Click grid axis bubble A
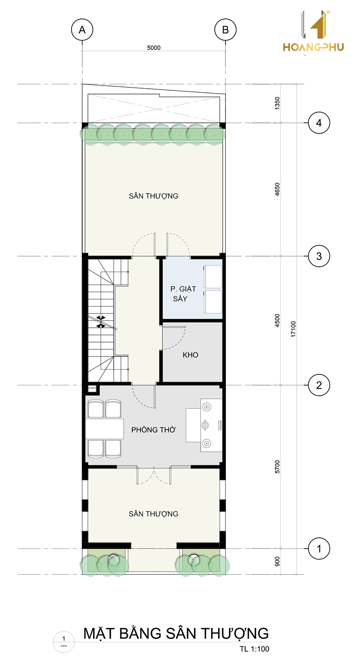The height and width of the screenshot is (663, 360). tap(82, 30)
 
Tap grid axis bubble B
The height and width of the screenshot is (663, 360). tap(225, 30)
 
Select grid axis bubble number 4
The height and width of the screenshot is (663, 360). tap(319, 123)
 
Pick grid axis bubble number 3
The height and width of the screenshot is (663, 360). tap(319, 256)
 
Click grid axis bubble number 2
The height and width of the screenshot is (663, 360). tap(319, 385)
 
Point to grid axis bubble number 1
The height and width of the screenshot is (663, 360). tap(319, 549)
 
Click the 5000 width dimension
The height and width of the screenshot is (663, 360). tap(154, 48)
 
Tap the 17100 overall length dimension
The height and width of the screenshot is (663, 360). tap(293, 329)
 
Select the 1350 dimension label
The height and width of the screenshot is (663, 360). tap(277, 103)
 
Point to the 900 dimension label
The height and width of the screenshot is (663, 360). tap(277, 561)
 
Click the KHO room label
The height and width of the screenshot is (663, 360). tap(190, 355)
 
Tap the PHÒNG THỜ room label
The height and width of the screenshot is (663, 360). tap(153, 429)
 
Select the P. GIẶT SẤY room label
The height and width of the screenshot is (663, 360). tap(183, 293)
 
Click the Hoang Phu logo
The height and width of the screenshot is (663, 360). tap(314, 32)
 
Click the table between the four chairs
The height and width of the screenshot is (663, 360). tap(105, 429)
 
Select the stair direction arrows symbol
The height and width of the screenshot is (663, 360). tap(101, 322)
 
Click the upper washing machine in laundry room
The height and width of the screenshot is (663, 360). tap(213, 276)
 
